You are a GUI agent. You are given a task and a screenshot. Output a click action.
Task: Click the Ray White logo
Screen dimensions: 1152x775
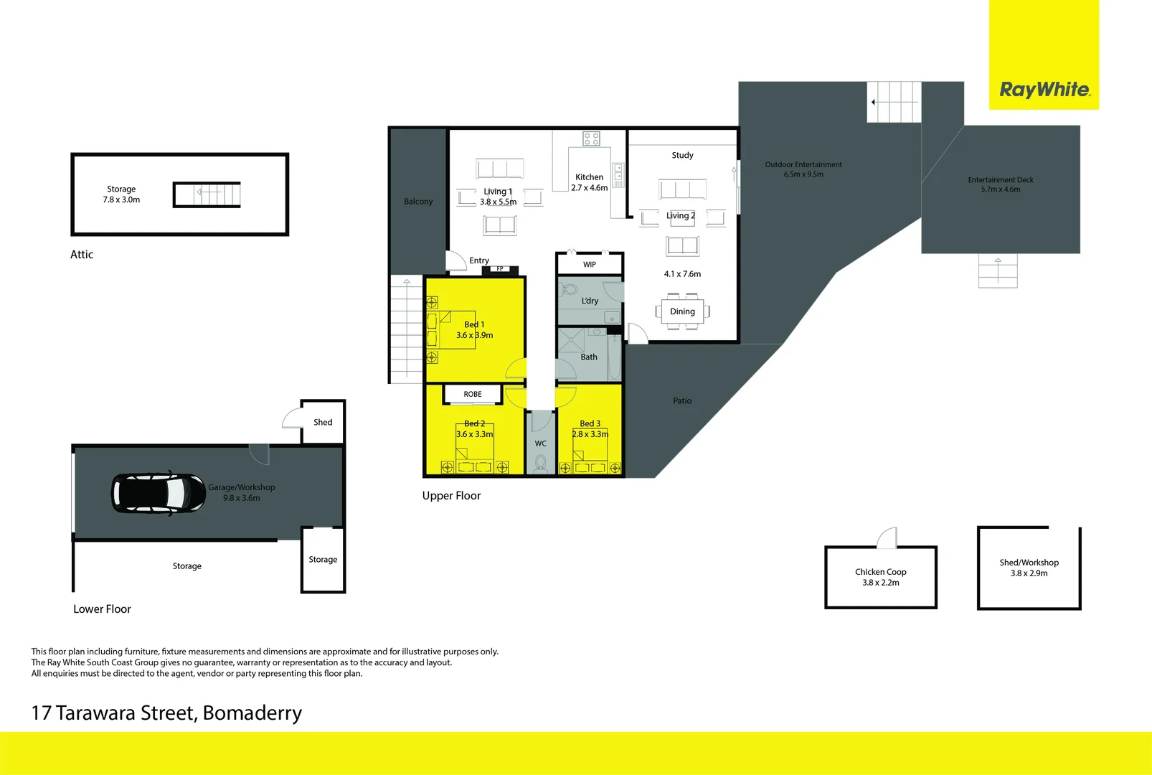click(1044, 90)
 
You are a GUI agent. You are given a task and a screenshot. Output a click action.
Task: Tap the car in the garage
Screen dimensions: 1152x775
click(159, 494)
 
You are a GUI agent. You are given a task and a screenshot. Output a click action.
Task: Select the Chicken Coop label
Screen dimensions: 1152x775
click(880, 572)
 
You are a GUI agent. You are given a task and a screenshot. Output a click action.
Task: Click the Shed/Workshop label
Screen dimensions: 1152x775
click(1029, 563)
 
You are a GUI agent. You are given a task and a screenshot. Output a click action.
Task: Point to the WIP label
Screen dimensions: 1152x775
click(590, 265)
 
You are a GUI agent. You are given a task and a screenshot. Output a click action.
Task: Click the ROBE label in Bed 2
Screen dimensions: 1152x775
click(473, 394)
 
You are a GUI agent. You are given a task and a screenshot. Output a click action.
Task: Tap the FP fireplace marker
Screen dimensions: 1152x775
click(500, 268)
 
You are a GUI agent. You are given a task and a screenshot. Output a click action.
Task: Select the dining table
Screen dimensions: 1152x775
click(682, 311)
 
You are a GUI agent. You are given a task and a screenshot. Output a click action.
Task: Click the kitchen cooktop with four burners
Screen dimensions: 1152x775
click(591, 138)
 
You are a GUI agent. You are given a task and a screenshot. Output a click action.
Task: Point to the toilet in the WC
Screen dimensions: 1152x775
click(541, 463)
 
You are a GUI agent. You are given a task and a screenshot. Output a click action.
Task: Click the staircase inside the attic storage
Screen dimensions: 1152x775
click(207, 194)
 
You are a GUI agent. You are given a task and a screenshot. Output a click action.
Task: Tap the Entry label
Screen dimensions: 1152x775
click(479, 260)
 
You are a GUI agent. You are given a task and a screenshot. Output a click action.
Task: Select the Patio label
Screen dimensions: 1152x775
click(682, 400)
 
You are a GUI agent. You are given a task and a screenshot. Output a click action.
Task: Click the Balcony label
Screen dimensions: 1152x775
click(418, 201)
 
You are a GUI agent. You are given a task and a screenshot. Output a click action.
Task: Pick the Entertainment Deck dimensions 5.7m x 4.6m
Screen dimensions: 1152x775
click(1000, 189)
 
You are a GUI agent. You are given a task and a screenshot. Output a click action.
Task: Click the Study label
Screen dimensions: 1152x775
click(682, 155)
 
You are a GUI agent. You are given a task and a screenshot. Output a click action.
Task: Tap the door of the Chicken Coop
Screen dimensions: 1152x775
click(887, 537)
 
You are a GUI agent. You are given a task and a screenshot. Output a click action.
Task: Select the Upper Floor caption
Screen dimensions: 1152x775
click(451, 496)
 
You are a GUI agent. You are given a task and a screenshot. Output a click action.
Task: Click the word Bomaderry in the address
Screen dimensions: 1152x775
click(252, 713)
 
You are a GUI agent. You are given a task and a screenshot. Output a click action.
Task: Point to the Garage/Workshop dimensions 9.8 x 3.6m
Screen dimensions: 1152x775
click(241, 498)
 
